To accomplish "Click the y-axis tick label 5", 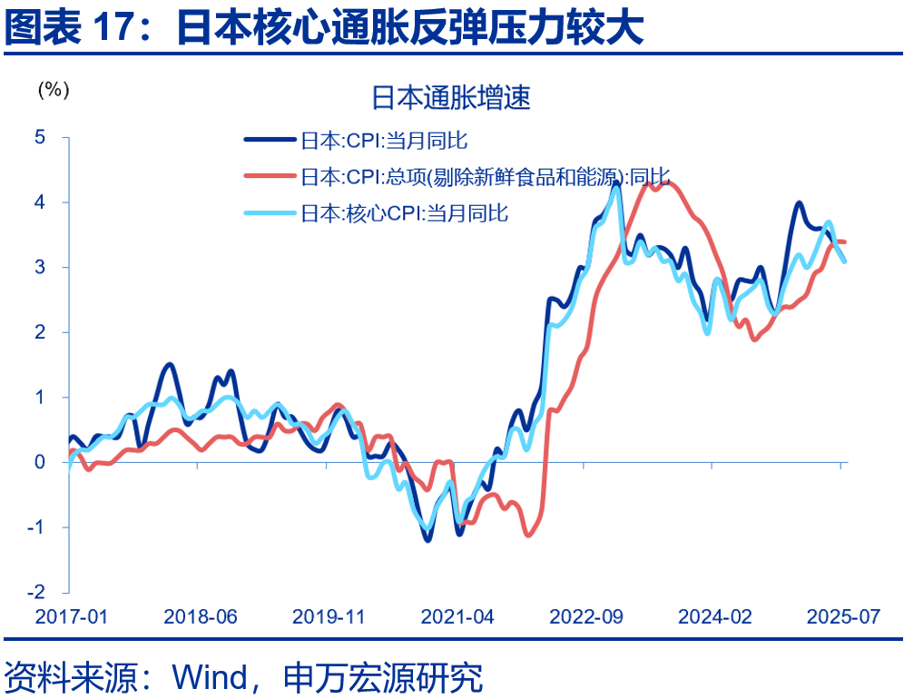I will point(39,137).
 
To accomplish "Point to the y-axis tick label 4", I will point(39,202).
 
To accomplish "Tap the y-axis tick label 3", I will point(39,267).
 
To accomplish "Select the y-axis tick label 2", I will point(39,332).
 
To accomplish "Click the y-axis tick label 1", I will point(39,397).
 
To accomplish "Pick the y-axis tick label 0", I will point(39,462).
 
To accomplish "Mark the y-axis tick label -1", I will point(36,527).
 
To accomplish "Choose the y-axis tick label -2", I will point(36,592).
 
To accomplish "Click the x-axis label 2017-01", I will point(71,616).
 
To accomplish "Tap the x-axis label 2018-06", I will point(200,616).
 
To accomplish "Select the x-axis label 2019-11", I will point(329,616).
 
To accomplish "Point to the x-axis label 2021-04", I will point(457,616).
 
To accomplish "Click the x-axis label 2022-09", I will point(586,616).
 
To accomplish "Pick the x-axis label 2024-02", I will point(715,616).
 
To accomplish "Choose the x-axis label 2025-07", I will point(844,616).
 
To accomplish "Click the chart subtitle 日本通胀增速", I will point(451,98).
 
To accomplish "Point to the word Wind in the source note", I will point(210,676).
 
